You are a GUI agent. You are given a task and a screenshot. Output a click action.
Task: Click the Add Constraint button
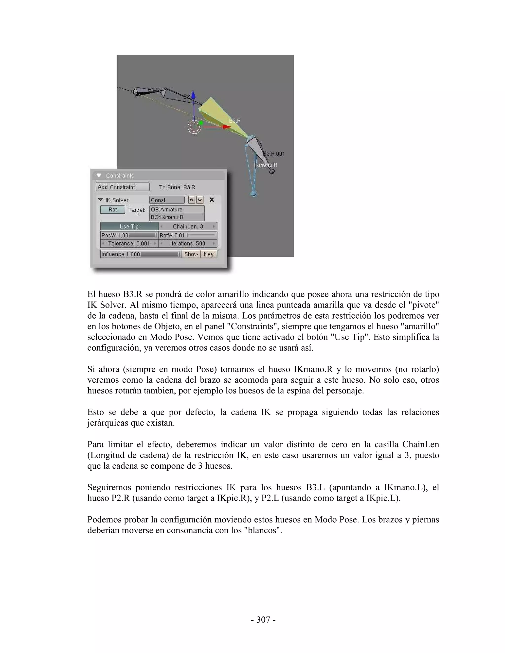[x=123, y=187]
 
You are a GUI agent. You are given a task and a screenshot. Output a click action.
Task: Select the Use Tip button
[x=129, y=226]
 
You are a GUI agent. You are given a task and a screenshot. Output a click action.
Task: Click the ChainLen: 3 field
[x=188, y=226]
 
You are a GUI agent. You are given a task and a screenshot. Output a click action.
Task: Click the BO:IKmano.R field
[x=177, y=217]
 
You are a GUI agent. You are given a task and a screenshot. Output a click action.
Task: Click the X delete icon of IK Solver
[x=212, y=200]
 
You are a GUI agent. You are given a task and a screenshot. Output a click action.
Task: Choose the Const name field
[x=167, y=200]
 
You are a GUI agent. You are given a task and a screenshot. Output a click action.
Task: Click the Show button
[x=191, y=254]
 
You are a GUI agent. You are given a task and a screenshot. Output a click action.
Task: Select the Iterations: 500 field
[x=188, y=243]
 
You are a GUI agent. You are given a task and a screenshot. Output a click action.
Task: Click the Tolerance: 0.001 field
[x=129, y=243]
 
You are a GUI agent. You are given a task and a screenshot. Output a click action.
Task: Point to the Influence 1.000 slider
[x=141, y=254]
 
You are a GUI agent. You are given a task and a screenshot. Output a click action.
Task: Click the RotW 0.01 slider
[x=188, y=235]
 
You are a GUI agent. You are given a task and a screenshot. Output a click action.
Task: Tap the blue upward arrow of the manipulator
[x=194, y=95]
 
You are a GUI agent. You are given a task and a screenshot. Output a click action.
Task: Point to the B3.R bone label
[x=235, y=121]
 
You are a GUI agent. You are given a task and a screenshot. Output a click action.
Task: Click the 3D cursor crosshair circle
[x=195, y=127]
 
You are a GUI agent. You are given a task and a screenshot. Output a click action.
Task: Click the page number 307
[x=263, y=619]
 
